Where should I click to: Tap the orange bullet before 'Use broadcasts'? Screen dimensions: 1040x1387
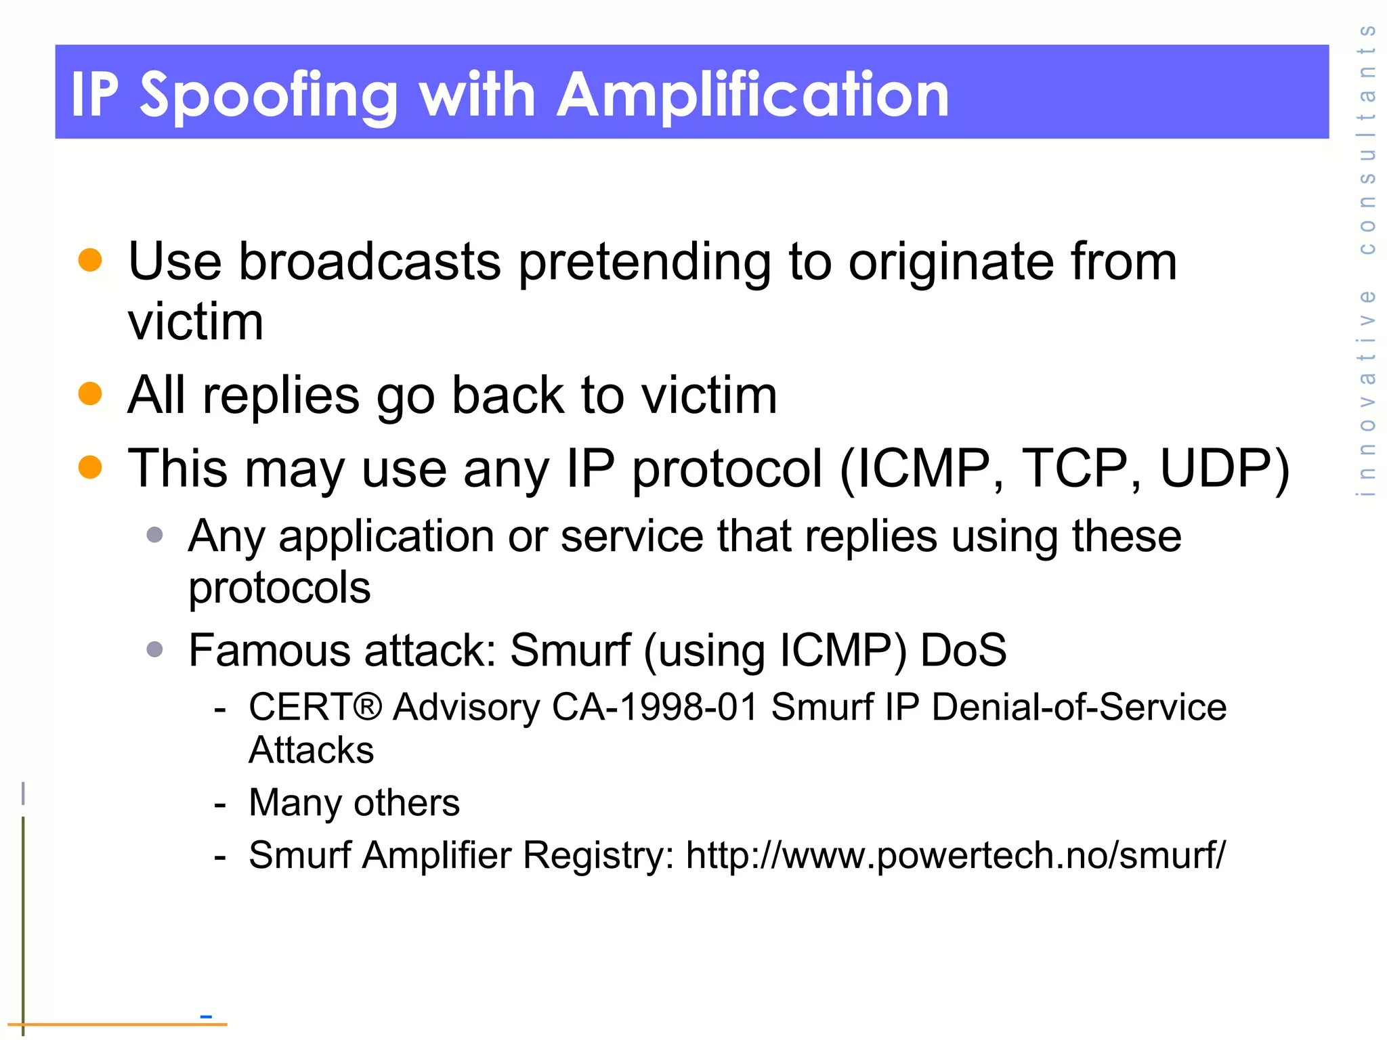(90, 260)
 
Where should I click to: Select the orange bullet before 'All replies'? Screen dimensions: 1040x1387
(90, 393)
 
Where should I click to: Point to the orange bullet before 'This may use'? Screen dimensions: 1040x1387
(90, 467)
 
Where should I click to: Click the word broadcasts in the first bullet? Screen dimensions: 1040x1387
(370, 261)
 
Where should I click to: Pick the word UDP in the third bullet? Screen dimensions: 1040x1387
(1216, 469)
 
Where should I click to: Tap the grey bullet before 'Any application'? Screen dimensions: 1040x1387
(155, 535)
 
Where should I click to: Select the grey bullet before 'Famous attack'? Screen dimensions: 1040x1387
(155, 649)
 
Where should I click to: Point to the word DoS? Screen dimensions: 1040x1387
(963, 650)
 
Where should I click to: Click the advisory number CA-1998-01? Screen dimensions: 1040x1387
(654, 707)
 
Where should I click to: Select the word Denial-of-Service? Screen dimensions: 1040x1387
(1079, 707)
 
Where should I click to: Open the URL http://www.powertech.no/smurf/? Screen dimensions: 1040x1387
(956, 855)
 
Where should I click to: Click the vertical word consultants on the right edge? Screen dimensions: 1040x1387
(1367, 139)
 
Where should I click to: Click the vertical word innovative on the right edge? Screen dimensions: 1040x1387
(1367, 393)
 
